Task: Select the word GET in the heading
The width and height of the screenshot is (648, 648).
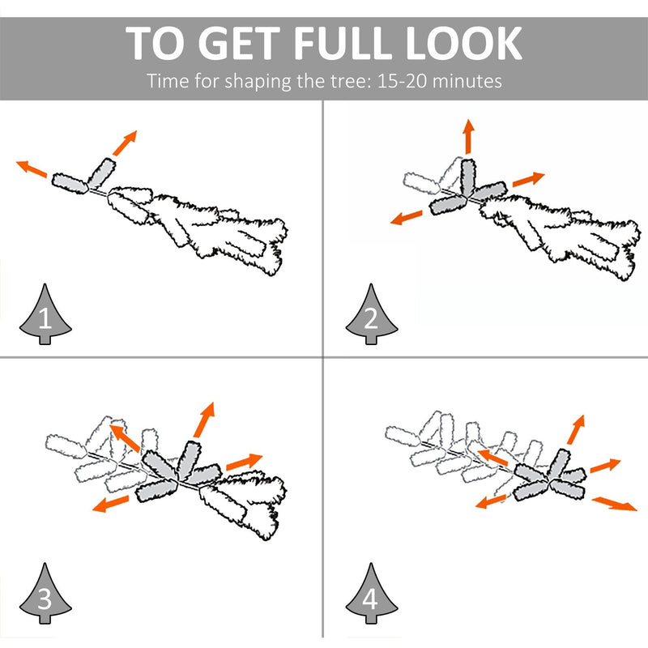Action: pyautogui.click(x=240, y=43)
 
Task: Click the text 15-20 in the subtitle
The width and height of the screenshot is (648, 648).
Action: pyautogui.click(x=402, y=80)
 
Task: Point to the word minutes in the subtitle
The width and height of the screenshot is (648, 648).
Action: pyautogui.click(x=467, y=80)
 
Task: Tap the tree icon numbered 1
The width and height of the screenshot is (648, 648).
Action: pyautogui.click(x=45, y=314)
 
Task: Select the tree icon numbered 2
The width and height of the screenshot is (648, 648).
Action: pyautogui.click(x=372, y=314)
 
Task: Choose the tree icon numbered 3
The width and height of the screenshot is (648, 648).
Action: pyautogui.click(x=45, y=593)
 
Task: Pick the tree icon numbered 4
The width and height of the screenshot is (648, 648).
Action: pyautogui.click(x=372, y=593)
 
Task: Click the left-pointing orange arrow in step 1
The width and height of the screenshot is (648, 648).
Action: pyautogui.click(x=32, y=168)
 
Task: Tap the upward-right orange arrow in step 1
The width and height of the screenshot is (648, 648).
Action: pyautogui.click(x=125, y=143)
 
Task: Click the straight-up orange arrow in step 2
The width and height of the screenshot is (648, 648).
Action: pyautogui.click(x=468, y=136)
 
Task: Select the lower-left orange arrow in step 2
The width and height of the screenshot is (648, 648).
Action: pyautogui.click(x=407, y=217)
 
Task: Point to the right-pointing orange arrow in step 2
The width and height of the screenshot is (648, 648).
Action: pyautogui.click(x=529, y=179)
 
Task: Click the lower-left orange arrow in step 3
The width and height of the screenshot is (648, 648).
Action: pyautogui.click(x=110, y=504)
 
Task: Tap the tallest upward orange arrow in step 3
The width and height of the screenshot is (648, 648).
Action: pyautogui.click(x=205, y=420)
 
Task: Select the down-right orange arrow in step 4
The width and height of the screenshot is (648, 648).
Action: pyautogui.click(x=615, y=504)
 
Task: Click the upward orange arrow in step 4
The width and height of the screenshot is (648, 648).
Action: pyautogui.click(x=576, y=429)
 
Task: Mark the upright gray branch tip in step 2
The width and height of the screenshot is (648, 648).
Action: pyautogui.click(x=468, y=177)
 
